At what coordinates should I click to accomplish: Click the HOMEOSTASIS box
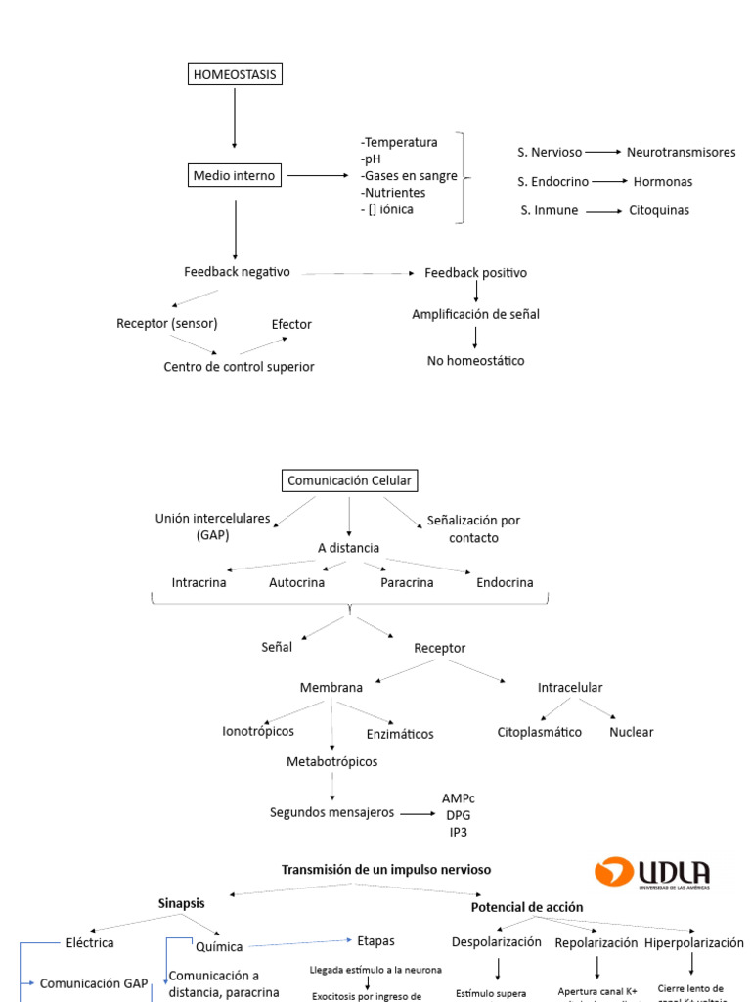(235, 74)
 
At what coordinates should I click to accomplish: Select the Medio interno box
(235, 176)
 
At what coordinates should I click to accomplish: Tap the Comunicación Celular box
(349, 480)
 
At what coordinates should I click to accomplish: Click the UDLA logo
(652, 873)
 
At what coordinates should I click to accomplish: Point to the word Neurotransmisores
(681, 152)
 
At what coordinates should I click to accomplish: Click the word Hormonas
(662, 181)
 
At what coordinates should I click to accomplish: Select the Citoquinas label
(658, 210)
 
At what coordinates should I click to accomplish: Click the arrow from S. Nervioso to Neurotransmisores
(603, 152)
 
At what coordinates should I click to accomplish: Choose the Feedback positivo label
(475, 272)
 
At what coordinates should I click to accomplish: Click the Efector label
(291, 324)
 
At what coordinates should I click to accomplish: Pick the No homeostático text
(475, 361)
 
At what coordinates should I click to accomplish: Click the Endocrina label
(505, 582)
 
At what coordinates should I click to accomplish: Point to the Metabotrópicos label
(331, 761)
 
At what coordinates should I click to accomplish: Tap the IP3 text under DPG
(458, 832)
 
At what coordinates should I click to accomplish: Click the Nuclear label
(631, 732)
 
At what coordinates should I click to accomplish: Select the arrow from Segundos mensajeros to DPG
(417, 813)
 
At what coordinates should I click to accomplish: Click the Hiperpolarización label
(693, 942)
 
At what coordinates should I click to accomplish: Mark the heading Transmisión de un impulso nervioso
(386, 869)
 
